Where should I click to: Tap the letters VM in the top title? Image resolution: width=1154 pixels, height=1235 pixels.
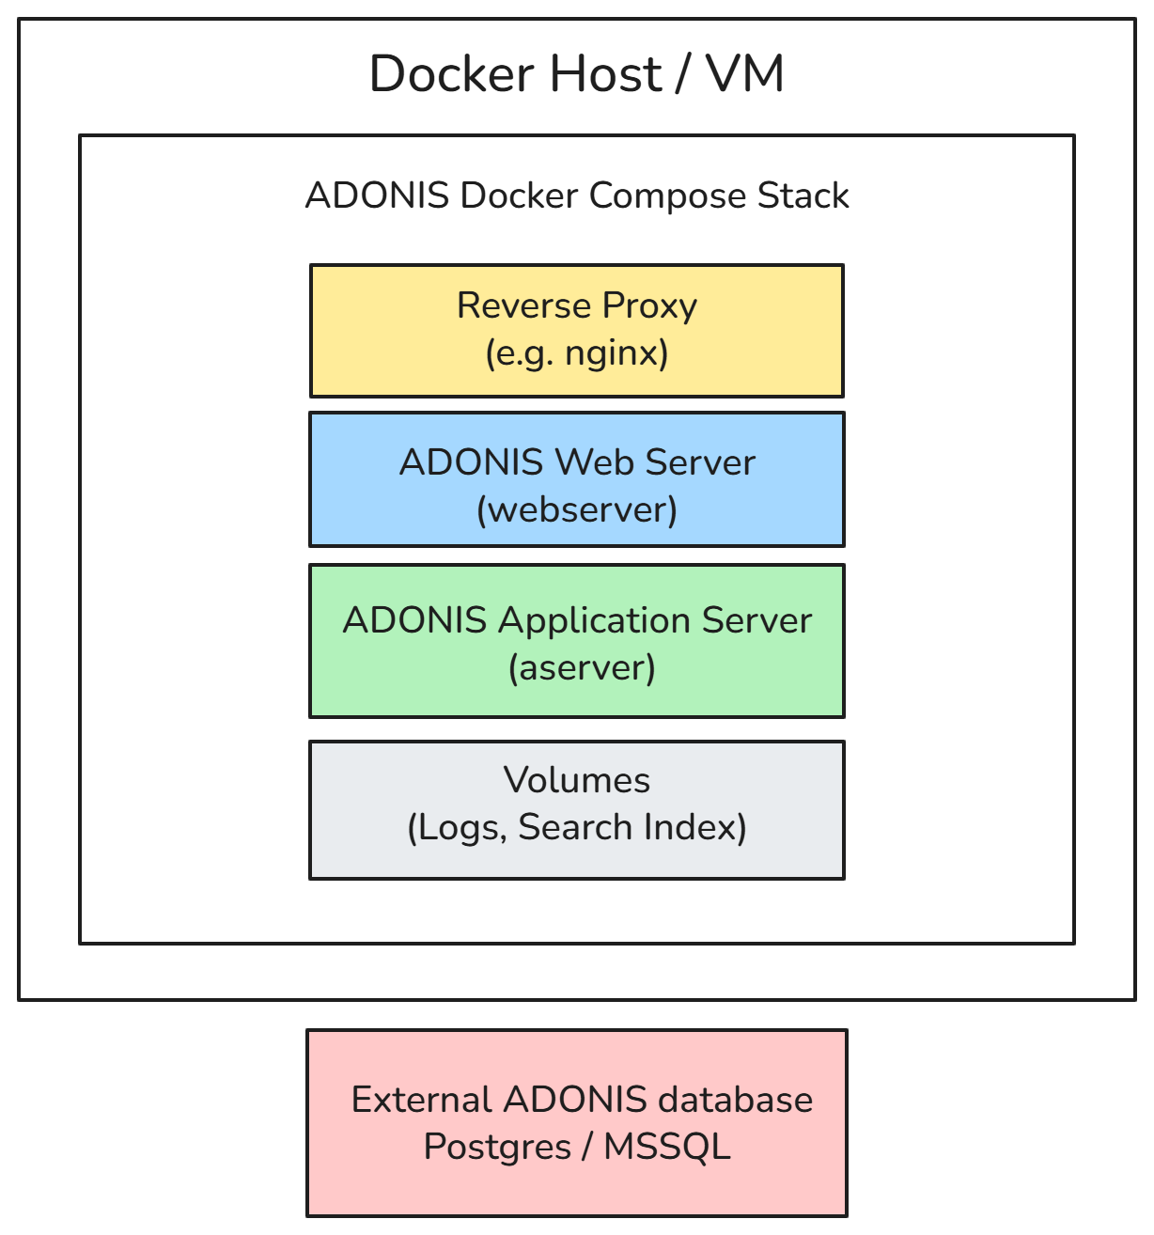click(744, 74)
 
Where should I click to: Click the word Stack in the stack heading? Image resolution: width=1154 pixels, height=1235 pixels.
click(803, 195)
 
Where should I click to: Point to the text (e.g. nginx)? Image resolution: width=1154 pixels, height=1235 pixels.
click(576, 353)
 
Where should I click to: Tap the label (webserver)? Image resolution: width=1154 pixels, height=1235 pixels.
click(576, 509)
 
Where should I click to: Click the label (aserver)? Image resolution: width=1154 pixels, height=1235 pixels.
click(582, 667)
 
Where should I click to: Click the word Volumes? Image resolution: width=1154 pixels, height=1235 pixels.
click(576, 780)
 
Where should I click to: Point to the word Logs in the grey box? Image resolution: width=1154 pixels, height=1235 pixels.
click(458, 827)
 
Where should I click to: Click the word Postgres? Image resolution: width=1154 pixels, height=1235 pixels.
click(497, 1147)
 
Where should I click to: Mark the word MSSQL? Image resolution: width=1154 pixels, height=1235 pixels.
click(666, 1147)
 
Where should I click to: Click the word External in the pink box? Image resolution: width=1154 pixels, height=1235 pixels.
click(421, 1100)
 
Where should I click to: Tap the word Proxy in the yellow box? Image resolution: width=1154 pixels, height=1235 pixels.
click(649, 306)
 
